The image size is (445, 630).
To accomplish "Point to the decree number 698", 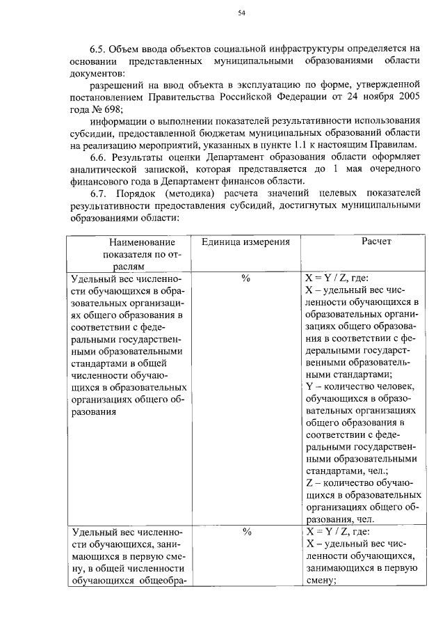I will coord(112,109).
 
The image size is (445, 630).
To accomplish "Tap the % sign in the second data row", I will coord(245,531).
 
